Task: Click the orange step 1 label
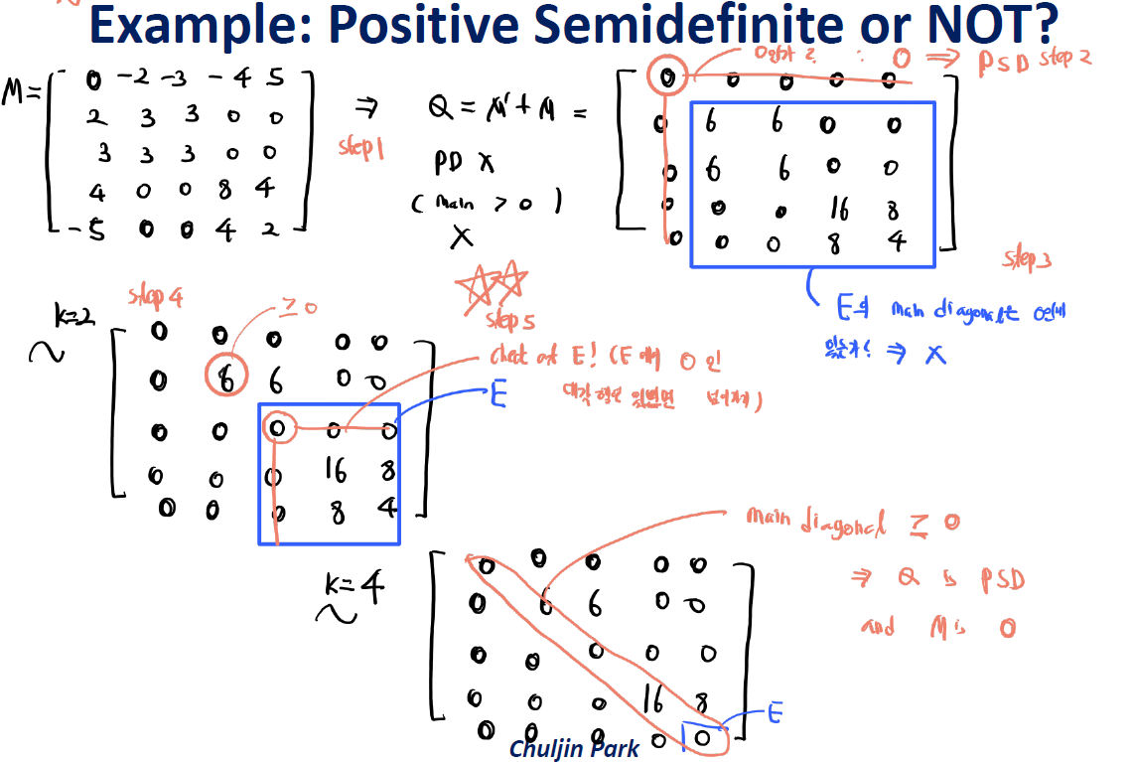360,148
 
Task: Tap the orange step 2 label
1065,59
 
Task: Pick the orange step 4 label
156,296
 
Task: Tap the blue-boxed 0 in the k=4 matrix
701,736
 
